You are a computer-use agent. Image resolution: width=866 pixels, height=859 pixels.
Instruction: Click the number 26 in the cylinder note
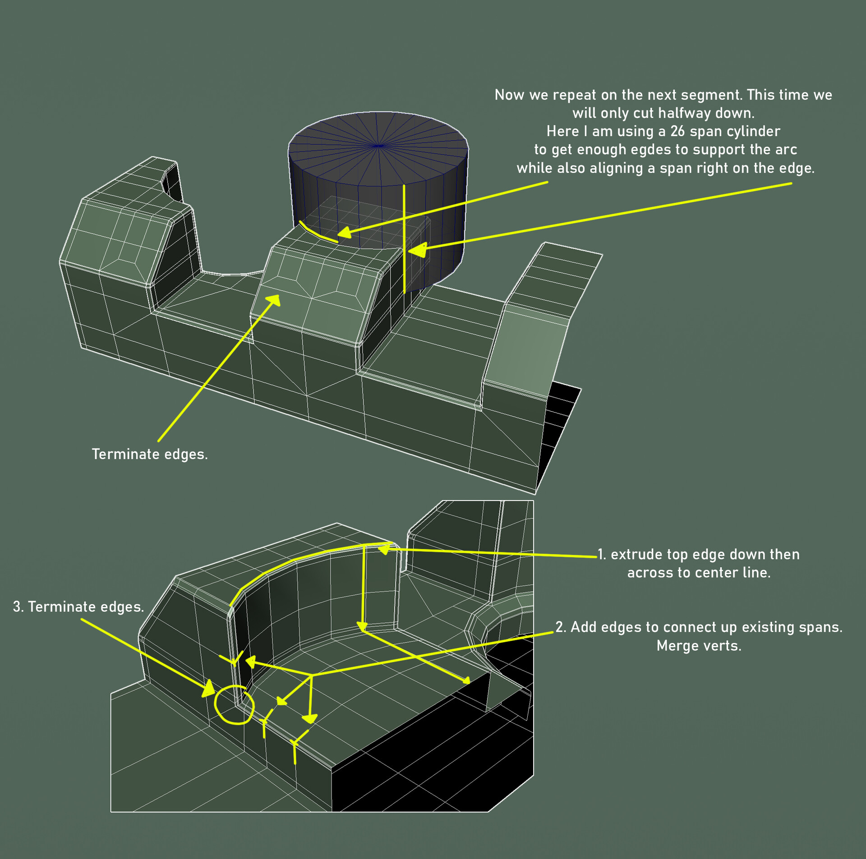click(x=677, y=131)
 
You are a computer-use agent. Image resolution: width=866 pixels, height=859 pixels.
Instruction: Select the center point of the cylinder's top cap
click(x=379, y=146)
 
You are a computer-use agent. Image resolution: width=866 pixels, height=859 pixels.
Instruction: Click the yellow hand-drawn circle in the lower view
click(x=234, y=705)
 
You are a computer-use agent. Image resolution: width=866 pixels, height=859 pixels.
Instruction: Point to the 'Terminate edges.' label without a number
click(x=150, y=454)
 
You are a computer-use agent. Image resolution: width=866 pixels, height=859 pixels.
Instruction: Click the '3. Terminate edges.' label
click(x=78, y=607)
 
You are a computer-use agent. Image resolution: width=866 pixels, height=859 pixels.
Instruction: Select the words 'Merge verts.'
click(x=699, y=646)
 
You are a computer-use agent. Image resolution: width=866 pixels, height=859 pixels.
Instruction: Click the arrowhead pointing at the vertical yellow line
click(x=418, y=249)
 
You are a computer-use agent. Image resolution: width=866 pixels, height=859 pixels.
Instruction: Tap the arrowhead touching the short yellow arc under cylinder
click(x=345, y=233)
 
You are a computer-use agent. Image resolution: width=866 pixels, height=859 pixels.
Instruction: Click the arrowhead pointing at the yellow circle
click(x=209, y=689)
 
